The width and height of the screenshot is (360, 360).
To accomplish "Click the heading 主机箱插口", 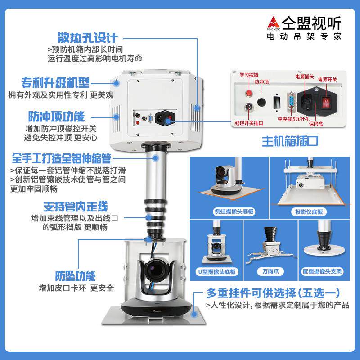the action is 290,141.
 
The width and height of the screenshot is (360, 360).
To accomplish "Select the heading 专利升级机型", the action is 55,83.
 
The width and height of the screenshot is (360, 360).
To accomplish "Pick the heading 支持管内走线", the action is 75,207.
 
